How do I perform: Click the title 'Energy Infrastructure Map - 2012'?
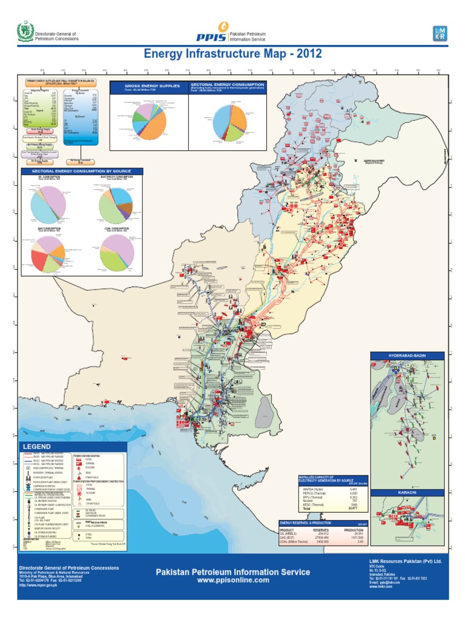[232, 55]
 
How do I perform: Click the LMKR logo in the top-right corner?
[440, 34]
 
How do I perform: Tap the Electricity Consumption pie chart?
[116, 204]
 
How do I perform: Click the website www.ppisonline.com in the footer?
[232, 580]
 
